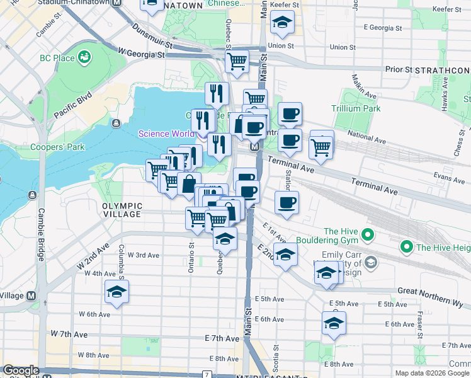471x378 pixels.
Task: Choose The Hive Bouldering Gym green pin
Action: point(369,237)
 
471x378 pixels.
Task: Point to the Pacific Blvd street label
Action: point(73,106)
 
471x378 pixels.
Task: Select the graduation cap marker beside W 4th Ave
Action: point(117,292)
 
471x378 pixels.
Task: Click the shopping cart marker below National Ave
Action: point(321,147)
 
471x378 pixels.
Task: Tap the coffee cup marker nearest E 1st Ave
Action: point(287,203)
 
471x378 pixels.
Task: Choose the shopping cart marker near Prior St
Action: point(237,62)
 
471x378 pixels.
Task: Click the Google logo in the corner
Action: point(21,370)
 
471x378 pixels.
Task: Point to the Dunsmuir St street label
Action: point(152,36)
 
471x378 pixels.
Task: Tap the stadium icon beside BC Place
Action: point(83,58)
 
